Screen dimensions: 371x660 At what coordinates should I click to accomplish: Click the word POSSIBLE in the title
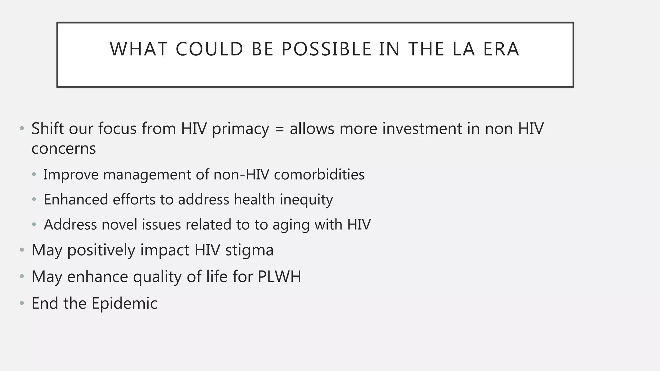[x=326, y=49]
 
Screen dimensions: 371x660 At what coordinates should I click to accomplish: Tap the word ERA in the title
[x=501, y=49]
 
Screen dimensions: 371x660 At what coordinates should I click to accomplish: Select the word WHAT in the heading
[x=139, y=49]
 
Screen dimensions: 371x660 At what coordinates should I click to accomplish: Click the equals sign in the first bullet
[x=279, y=129]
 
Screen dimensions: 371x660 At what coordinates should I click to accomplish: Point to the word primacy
[x=240, y=129]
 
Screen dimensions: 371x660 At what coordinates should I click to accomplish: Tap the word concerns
[x=63, y=149]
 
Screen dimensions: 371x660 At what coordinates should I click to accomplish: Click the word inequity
[x=306, y=200]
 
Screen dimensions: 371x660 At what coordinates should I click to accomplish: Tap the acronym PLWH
[x=279, y=277]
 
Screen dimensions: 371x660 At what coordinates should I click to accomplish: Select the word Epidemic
[x=124, y=303]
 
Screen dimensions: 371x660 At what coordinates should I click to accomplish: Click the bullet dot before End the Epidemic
[x=22, y=303]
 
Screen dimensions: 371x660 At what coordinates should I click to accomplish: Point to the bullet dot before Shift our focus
[x=22, y=129]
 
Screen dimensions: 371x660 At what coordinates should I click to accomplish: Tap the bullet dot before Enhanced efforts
[x=34, y=200]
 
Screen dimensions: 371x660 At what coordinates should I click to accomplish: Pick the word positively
[x=101, y=250]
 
